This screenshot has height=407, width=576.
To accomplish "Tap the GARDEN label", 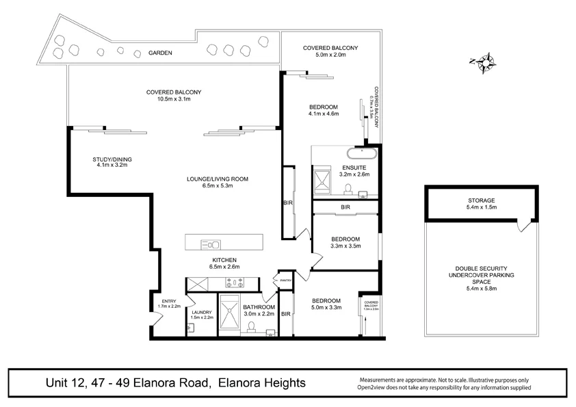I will [161, 53].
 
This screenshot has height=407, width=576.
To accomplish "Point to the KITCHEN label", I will [224, 260].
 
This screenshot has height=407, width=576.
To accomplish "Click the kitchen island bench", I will [224, 244].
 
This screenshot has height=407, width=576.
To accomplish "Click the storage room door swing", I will [523, 224].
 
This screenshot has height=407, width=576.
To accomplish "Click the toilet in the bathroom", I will [252, 328].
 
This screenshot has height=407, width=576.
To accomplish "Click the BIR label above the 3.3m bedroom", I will [345, 207].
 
